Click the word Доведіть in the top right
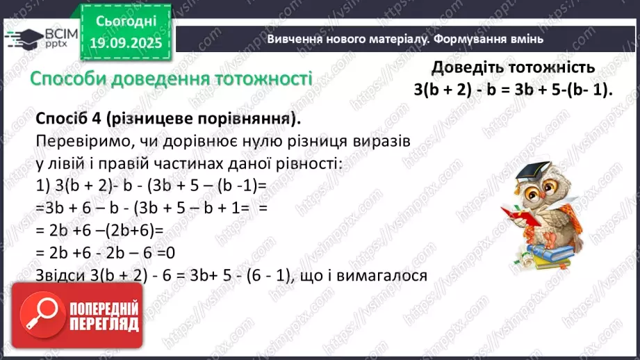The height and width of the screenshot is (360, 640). click(x=465, y=68)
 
